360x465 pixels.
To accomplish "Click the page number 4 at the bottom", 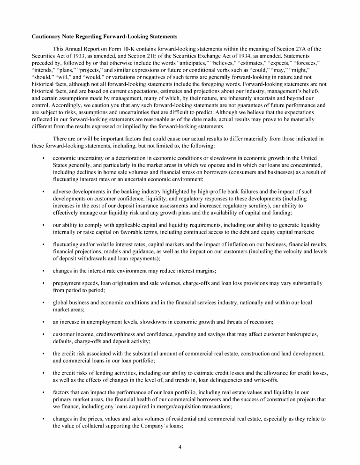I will coord(180,446).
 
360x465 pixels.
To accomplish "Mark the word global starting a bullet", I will coord(61,303).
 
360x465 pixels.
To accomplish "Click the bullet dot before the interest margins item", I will coord(43,271).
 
